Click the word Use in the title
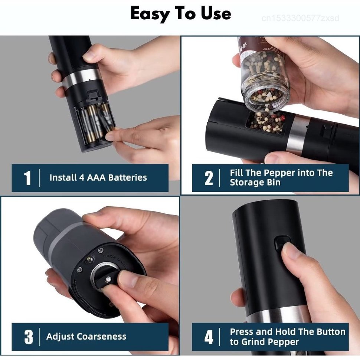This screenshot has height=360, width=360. pyautogui.click(x=216, y=13)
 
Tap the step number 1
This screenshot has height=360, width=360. pyautogui.click(x=27, y=178)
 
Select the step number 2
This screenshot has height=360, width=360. pyautogui.click(x=209, y=178)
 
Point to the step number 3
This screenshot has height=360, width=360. pyautogui.click(x=29, y=337)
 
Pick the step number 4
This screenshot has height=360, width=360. pyautogui.click(x=209, y=337)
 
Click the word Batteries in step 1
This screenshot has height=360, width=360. pyautogui.click(x=128, y=177)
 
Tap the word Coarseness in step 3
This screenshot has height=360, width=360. pyautogui.click(x=101, y=336)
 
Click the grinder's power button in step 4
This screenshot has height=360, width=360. pyautogui.click(x=282, y=245)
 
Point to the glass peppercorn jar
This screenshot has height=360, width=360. pyautogui.click(x=264, y=76)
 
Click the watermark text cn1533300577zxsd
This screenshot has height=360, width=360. pyautogui.click(x=300, y=18)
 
